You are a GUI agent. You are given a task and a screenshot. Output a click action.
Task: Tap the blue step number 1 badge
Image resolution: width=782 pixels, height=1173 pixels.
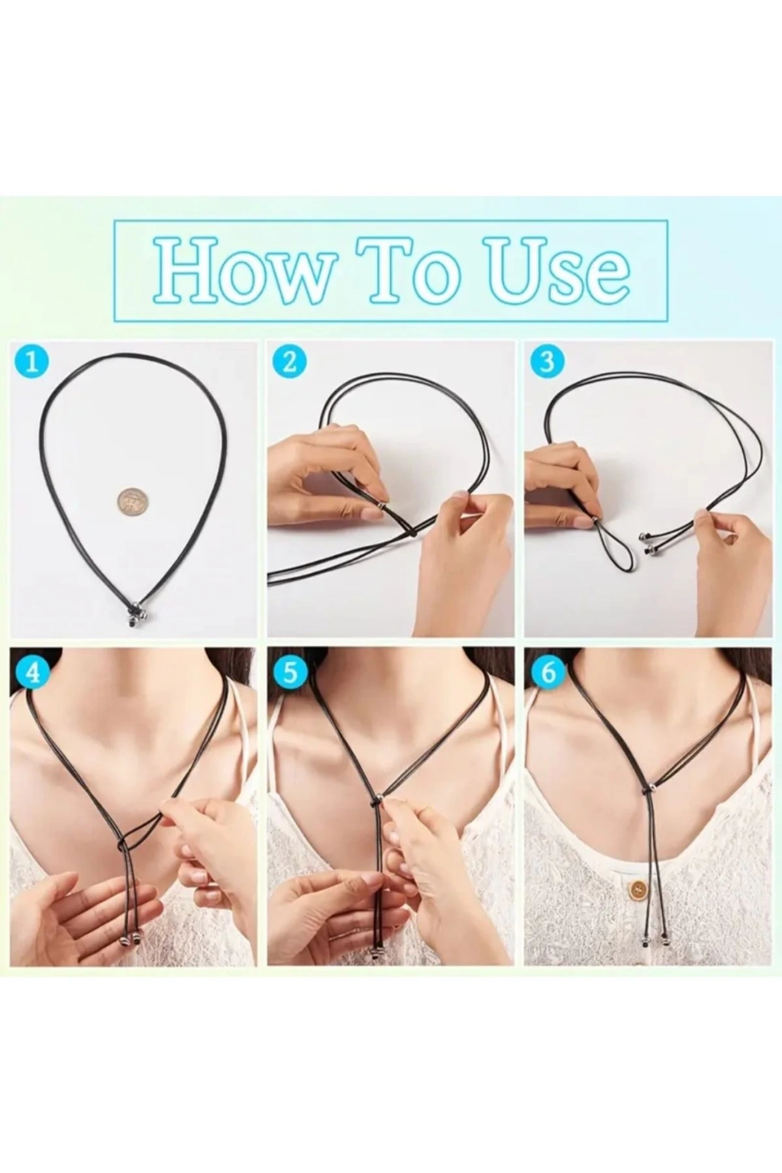[33, 362]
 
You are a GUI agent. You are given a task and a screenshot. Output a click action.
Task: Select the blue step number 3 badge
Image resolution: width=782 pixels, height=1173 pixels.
[547, 362]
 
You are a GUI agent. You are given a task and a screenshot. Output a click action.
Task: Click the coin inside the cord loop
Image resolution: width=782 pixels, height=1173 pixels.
[130, 503]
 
